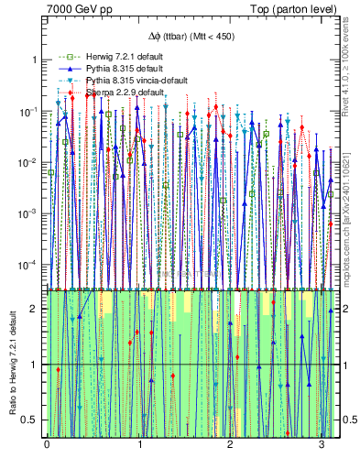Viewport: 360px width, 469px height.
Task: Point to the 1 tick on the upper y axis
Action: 36,60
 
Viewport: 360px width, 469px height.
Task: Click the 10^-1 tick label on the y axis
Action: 30,111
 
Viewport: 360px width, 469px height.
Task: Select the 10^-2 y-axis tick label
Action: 30,162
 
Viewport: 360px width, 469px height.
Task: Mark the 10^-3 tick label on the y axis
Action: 30,213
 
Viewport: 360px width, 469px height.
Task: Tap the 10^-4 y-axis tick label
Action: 30,265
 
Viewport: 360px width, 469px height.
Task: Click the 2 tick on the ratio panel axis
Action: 36,309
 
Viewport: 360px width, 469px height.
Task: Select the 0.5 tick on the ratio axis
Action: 32,420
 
